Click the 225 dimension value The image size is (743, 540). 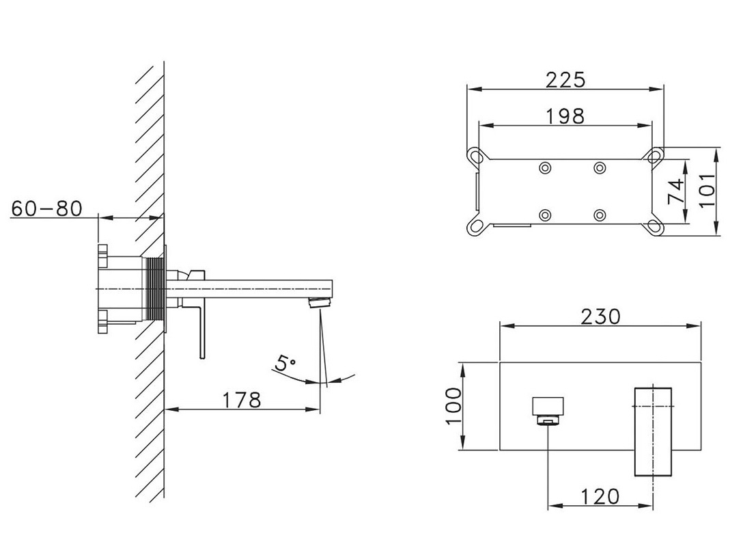pos(565,79)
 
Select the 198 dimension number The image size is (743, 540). pos(565,116)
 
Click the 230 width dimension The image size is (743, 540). pos(600,316)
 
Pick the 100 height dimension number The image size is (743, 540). pos(453,406)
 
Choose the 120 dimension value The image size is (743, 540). pos(600,496)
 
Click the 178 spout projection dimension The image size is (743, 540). pos(242,400)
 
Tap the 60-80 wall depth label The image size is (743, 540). pos(46,208)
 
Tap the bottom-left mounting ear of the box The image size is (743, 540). pos(476,226)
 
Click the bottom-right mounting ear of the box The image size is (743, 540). pos(656,226)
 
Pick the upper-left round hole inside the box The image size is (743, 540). pos(545,167)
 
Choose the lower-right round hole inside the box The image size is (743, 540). pos(600,215)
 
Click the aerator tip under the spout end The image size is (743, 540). pos(320,303)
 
